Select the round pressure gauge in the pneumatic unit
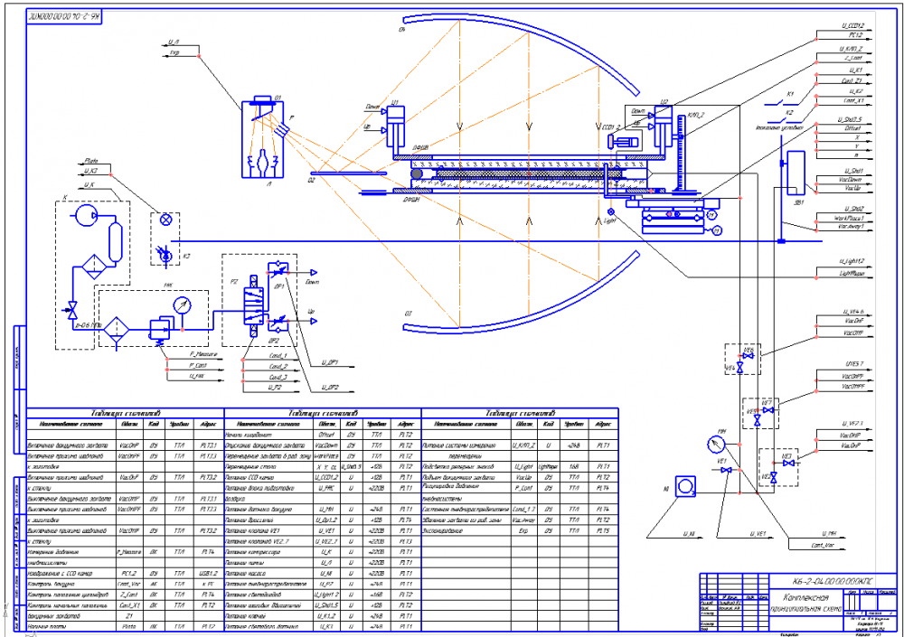click(x=185, y=304)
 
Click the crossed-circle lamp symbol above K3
click(x=165, y=220)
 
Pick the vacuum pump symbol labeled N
click(x=686, y=486)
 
